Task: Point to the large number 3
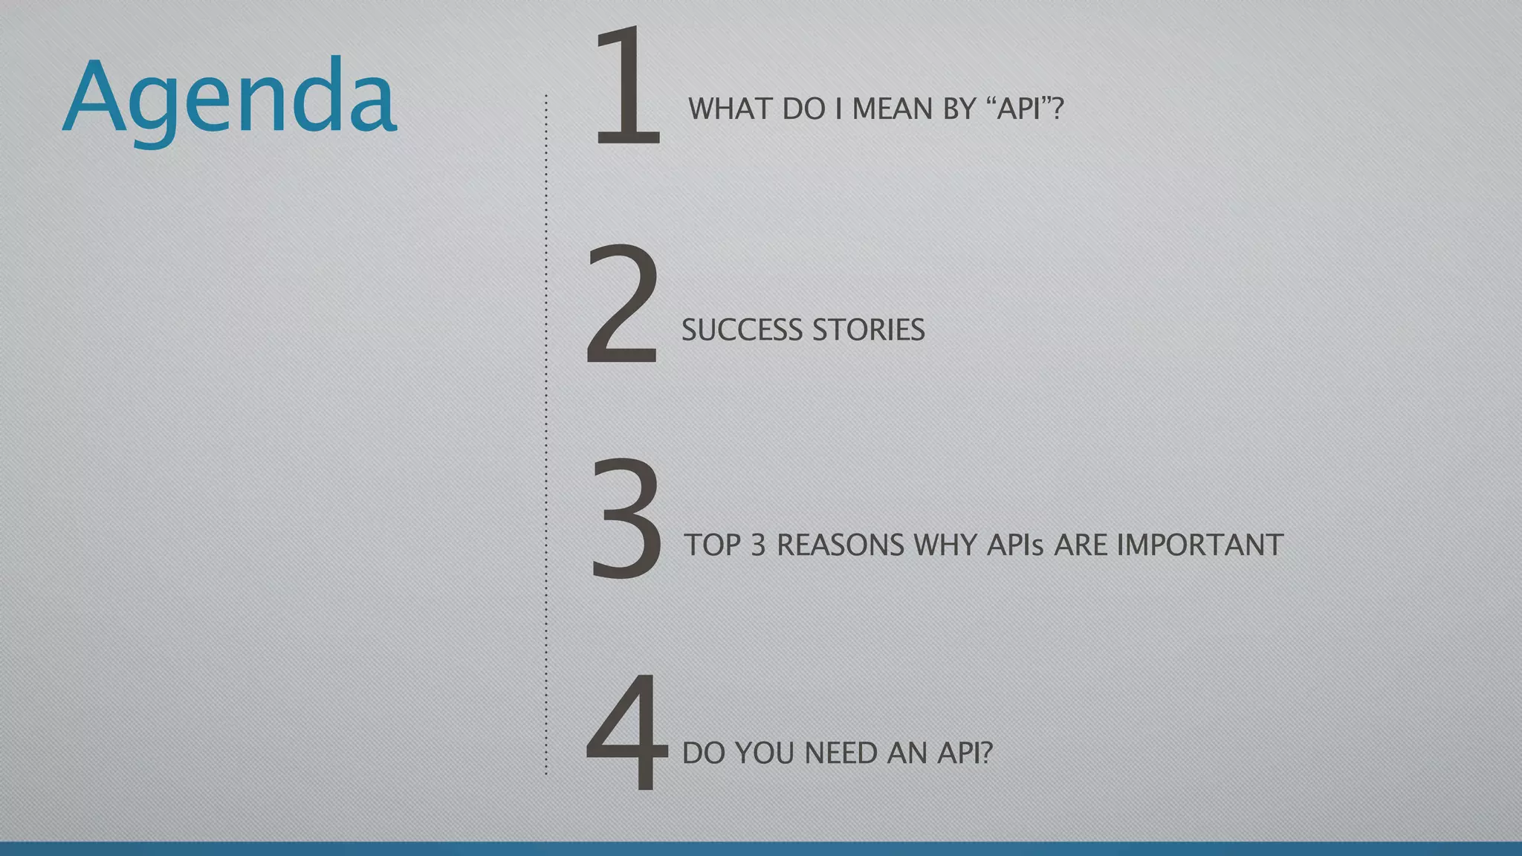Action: point(626,519)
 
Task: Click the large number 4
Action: point(626,732)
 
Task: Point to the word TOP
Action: point(713,545)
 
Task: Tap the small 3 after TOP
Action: point(758,545)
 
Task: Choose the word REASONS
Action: point(840,545)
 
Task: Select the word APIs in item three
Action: point(1015,545)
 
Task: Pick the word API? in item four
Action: point(965,753)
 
